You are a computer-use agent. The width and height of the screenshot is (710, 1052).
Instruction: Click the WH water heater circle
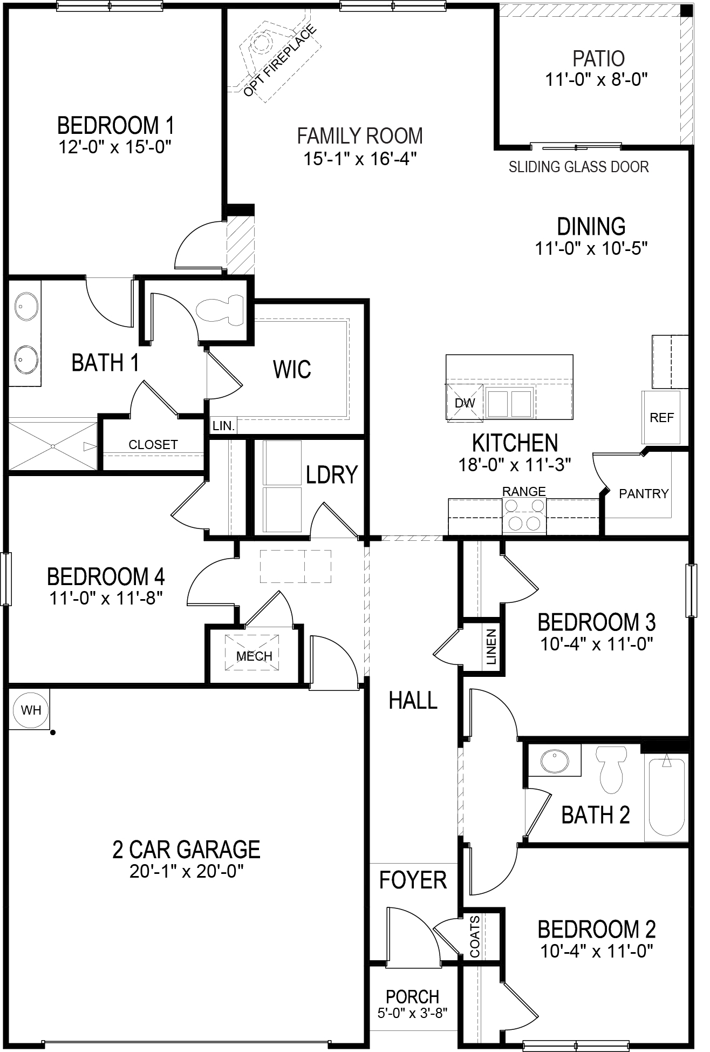(31, 710)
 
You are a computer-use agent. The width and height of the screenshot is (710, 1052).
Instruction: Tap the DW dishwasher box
(465, 403)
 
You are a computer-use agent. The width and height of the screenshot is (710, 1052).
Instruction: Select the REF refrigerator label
(661, 417)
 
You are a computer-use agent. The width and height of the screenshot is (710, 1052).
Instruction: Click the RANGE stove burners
(524, 515)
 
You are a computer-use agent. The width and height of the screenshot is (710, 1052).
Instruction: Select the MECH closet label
(254, 656)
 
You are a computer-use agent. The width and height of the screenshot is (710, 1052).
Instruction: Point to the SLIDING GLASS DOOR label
(578, 167)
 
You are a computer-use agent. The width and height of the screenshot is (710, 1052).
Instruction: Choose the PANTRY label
(644, 493)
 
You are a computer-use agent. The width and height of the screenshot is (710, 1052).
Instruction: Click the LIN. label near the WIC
(223, 426)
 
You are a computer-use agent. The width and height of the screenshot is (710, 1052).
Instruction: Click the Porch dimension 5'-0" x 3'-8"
(413, 1013)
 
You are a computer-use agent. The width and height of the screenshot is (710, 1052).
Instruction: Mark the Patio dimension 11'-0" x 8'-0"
(596, 80)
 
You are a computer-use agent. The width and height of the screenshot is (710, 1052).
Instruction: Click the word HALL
(413, 701)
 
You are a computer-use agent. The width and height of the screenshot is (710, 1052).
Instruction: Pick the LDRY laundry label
(331, 474)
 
